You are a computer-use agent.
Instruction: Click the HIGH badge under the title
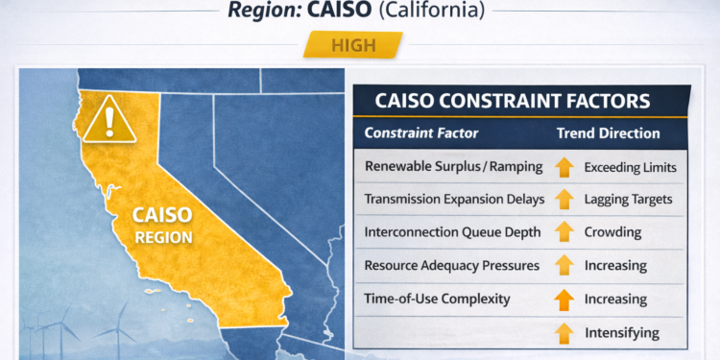click(x=352, y=44)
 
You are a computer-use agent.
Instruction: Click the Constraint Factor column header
click(x=421, y=133)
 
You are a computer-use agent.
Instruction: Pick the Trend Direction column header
click(x=608, y=133)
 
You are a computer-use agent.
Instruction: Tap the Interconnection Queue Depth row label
click(x=453, y=232)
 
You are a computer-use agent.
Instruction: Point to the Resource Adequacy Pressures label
click(x=451, y=265)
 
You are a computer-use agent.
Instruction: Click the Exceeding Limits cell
click(x=631, y=167)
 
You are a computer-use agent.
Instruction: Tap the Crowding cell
click(x=612, y=232)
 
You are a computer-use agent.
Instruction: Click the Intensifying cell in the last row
click(x=621, y=332)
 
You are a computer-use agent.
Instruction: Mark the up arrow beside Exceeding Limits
click(x=564, y=167)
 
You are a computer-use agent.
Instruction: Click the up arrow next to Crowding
click(x=564, y=232)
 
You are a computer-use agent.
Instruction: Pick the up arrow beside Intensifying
click(x=564, y=333)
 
